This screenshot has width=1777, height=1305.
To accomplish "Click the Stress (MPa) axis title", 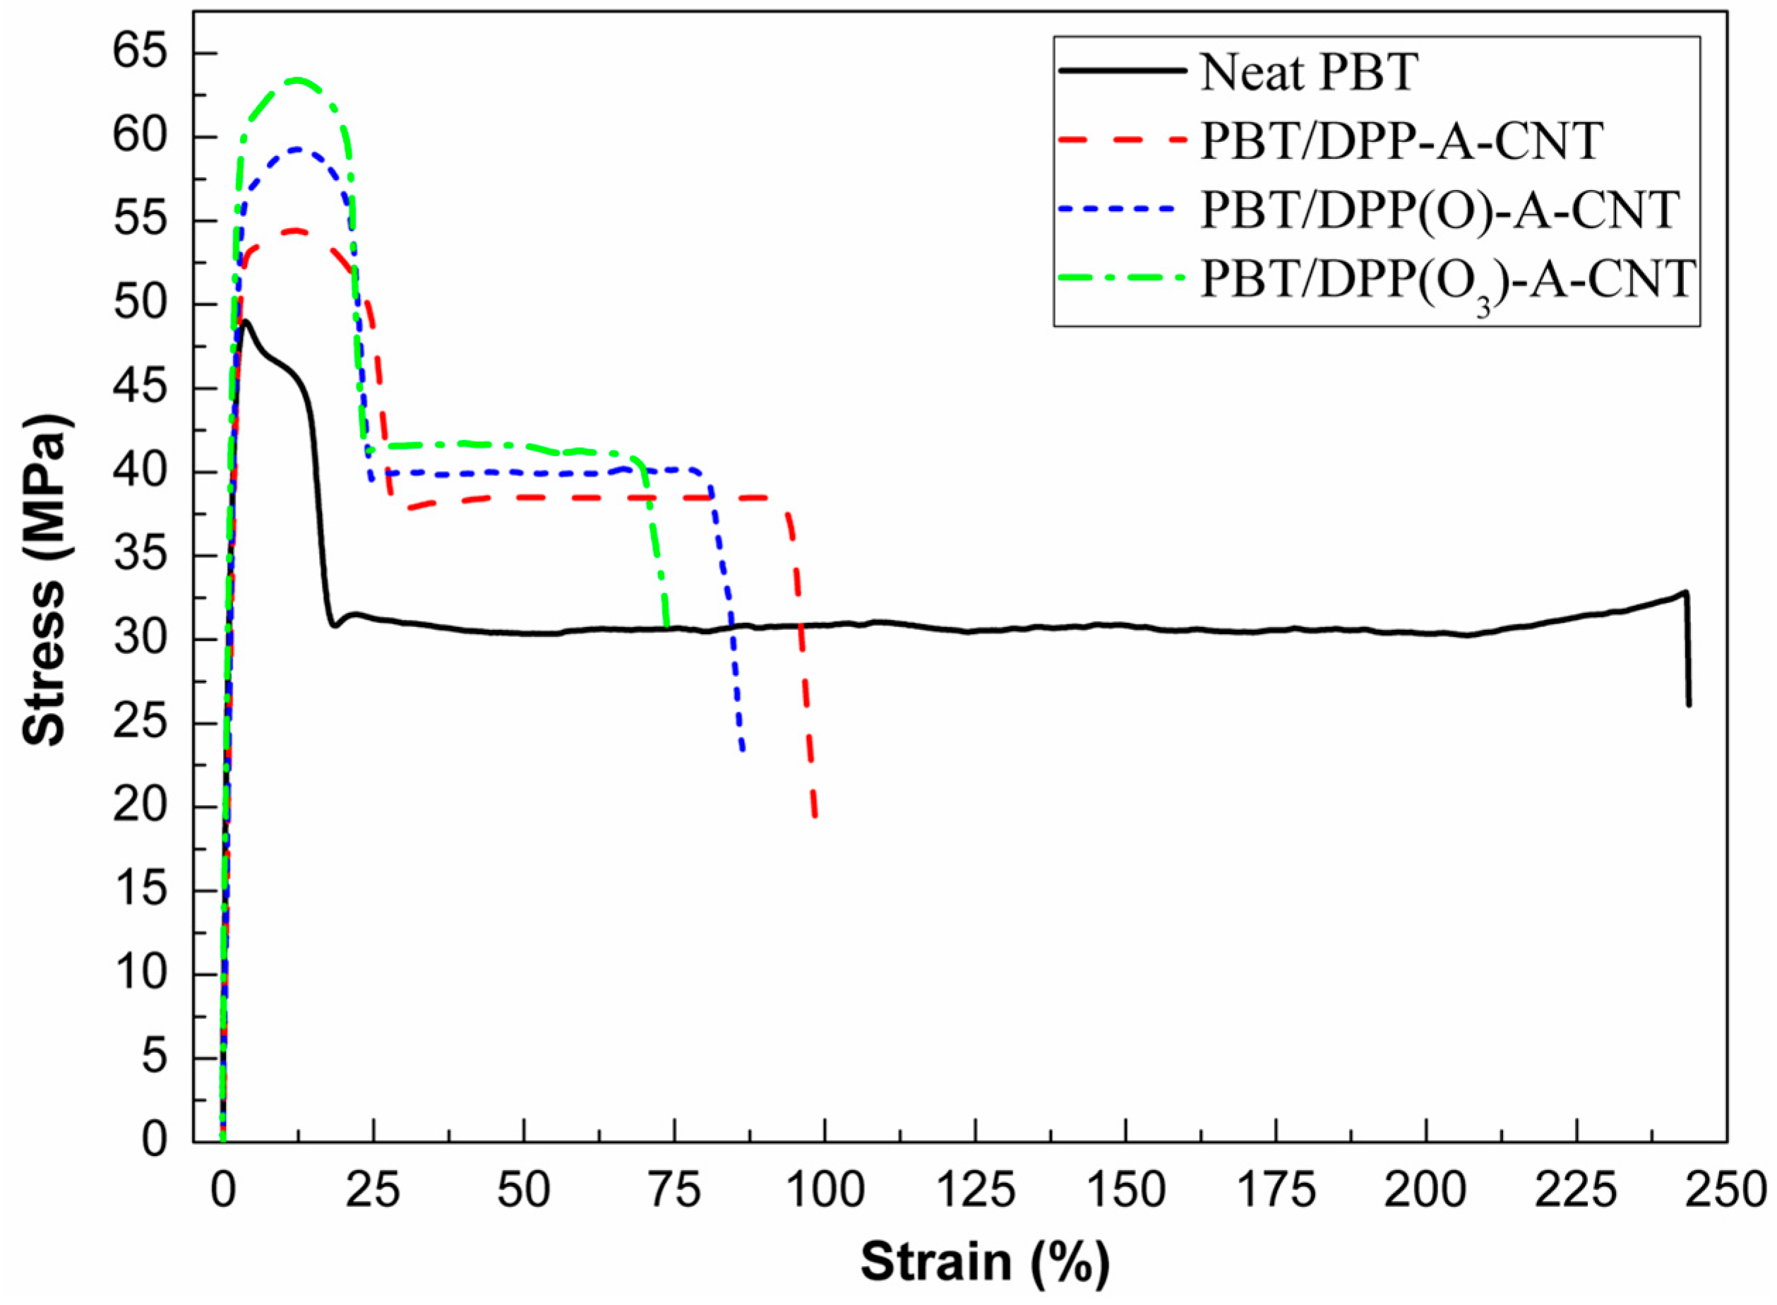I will point(45,580).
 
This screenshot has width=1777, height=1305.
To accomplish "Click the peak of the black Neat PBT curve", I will point(246,321).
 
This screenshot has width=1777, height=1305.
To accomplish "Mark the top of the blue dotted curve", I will point(297,148).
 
